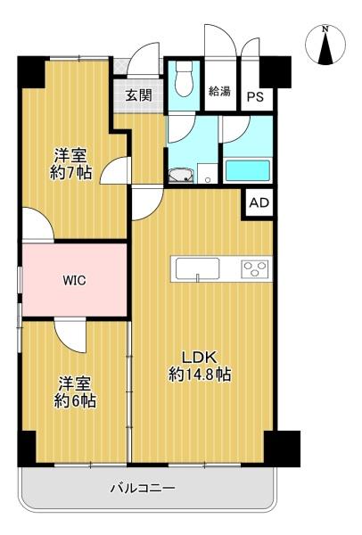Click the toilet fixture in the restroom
click(184, 81)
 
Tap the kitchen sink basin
click(197, 268)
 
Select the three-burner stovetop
click(254, 268)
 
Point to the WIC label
click(74, 281)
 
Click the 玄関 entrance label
click(139, 95)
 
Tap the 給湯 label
click(219, 91)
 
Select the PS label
click(256, 97)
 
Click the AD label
click(259, 202)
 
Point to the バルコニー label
click(143, 488)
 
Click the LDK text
click(199, 358)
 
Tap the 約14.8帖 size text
click(200, 374)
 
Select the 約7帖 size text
click(71, 173)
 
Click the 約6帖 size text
click(75, 401)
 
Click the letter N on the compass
click(325, 29)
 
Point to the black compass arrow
click(325, 49)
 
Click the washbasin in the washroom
click(181, 176)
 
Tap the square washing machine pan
click(208, 174)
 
